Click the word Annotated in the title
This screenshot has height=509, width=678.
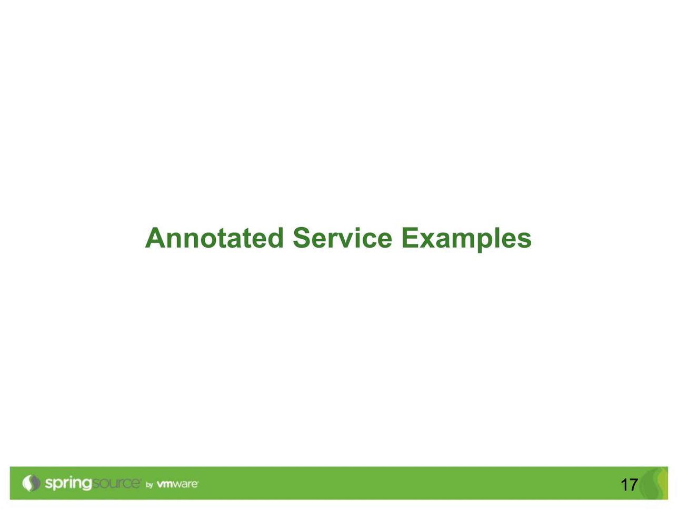point(214,238)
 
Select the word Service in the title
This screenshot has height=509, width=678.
point(343,238)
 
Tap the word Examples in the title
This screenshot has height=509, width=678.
point(467,240)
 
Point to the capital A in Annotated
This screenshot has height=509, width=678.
point(155,238)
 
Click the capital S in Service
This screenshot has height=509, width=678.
point(302,238)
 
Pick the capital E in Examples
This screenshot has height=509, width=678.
point(410,238)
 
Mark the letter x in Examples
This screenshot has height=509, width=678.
point(428,240)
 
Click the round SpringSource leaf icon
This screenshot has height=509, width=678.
point(31,483)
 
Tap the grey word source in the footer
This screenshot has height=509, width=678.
point(116,483)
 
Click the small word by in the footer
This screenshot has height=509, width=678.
point(149,485)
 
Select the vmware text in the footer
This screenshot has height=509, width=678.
point(177,484)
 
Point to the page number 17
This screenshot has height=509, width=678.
point(629,485)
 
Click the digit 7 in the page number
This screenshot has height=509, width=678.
point(633,485)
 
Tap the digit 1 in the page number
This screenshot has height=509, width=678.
point(624,485)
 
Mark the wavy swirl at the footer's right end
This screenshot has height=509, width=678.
point(655,483)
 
